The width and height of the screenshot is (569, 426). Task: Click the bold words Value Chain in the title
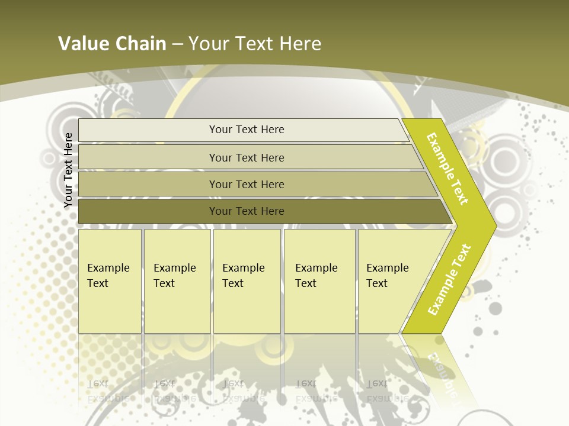click(112, 44)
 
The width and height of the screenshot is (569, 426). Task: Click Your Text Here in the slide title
click(255, 44)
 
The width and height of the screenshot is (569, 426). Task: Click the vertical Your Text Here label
click(68, 170)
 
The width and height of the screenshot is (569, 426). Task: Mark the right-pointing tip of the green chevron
click(492, 226)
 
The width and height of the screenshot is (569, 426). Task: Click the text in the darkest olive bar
click(247, 211)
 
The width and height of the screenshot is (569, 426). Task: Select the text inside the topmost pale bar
click(247, 130)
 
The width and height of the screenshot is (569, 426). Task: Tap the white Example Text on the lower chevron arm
click(449, 279)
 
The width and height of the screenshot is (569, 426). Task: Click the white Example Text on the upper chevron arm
click(447, 169)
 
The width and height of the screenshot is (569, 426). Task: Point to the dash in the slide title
click(177, 44)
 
